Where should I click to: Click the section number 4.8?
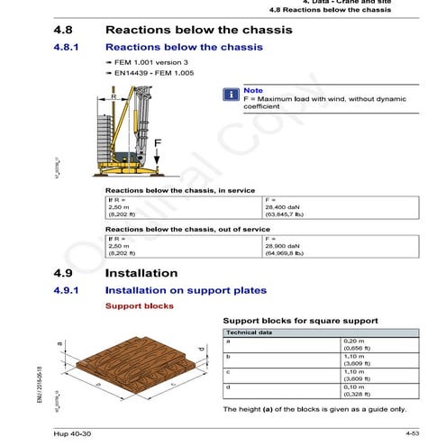click(x=65, y=30)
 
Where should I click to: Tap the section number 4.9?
click(x=65, y=272)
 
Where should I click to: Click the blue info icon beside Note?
click(x=231, y=92)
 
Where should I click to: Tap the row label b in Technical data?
click(x=228, y=358)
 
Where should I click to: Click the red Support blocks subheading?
click(x=140, y=306)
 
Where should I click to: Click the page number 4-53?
click(x=413, y=435)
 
